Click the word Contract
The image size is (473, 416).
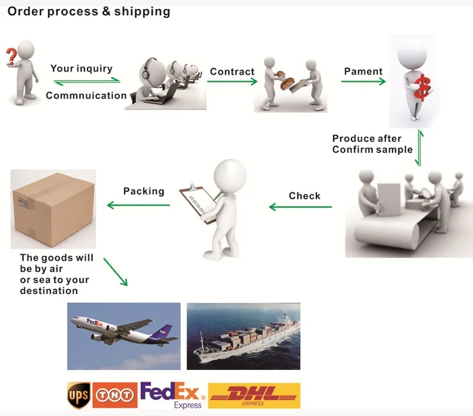point(232,72)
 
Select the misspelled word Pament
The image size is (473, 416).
point(363,72)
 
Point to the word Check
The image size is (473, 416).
point(304,196)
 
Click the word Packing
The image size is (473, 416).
point(144,191)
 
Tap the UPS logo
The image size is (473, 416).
point(79,395)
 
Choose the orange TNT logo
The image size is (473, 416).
point(115,396)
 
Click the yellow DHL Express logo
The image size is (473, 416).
point(254,396)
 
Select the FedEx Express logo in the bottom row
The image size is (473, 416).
point(171,395)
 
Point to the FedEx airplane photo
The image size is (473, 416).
point(124,336)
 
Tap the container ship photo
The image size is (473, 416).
point(243,336)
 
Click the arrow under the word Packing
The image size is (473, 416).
point(138,205)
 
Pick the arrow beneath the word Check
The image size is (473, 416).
point(300,206)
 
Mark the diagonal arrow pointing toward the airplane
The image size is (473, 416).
point(115,272)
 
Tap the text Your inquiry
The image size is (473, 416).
point(81,68)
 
